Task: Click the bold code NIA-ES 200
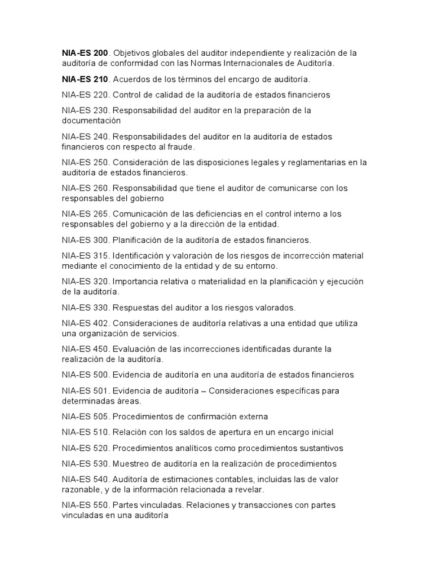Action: pyautogui.click(x=85, y=53)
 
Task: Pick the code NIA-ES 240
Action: pyautogui.click(x=85, y=136)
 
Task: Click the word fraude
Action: pyautogui.click(x=179, y=147)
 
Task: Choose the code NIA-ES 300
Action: pyautogui.click(x=85, y=240)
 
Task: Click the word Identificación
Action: pyautogui.click(x=139, y=255)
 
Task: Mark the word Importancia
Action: pyautogui.click(x=136, y=281)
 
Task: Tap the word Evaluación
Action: pyautogui.click(x=135, y=349)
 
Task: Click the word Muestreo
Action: pyautogui.click(x=132, y=464)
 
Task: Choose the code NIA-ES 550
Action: pyautogui.click(x=85, y=505)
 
